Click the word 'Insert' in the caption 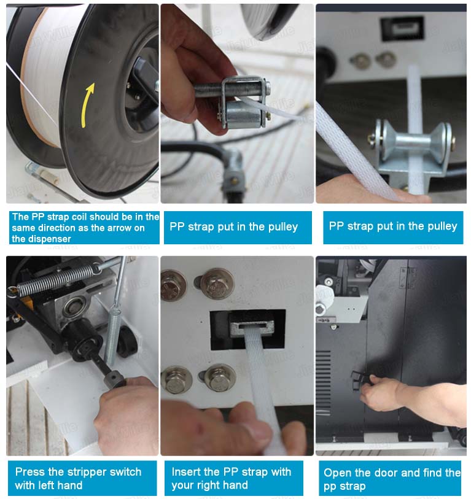coord(184,471)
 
